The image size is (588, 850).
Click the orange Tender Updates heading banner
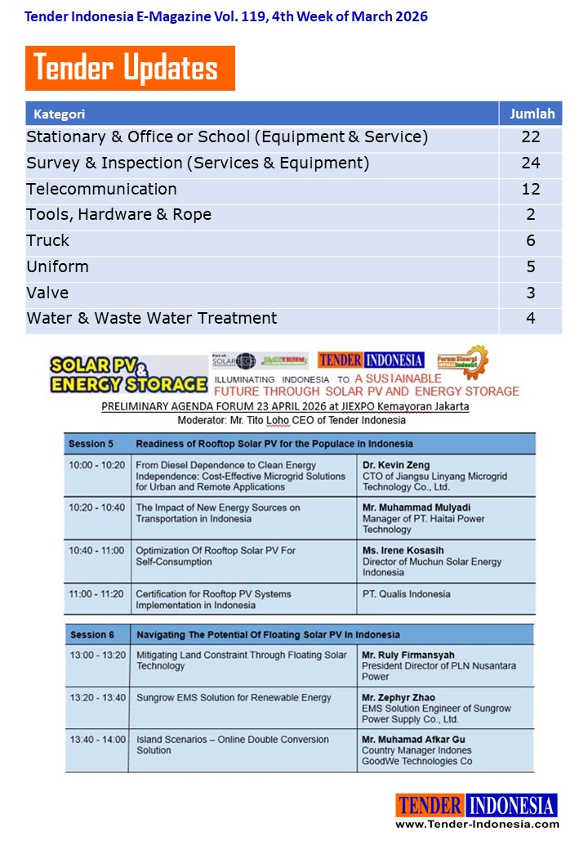pyautogui.click(x=130, y=68)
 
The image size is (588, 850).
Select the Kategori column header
pyautogui.click(x=59, y=114)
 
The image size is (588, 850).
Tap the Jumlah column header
pyautogui.click(x=532, y=114)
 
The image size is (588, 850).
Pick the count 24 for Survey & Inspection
pyautogui.click(x=531, y=163)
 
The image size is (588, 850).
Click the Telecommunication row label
pyautogui.click(x=101, y=189)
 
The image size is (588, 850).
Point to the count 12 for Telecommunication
pyautogui.click(x=531, y=189)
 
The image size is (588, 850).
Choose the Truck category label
pyautogui.click(x=48, y=240)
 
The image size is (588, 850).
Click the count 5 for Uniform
pyautogui.click(x=531, y=266)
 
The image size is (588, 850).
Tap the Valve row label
pyautogui.click(x=47, y=293)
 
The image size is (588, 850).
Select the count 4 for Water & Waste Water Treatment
pyautogui.click(x=531, y=319)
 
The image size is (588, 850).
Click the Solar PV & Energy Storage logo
pyautogui.click(x=127, y=374)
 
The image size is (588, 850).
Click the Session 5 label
pyautogui.click(x=91, y=444)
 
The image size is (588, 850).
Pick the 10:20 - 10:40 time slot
pyautogui.click(x=97, y=508)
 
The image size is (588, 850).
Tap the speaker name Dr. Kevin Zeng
pyautogui.click(x=395, y=465)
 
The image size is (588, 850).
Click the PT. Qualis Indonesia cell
pyautogui.click(x=407, y=594)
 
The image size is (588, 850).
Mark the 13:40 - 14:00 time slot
pyautogui.click(x=98, y=740)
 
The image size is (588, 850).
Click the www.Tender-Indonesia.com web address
pyautogui.click(x=478, y=824)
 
